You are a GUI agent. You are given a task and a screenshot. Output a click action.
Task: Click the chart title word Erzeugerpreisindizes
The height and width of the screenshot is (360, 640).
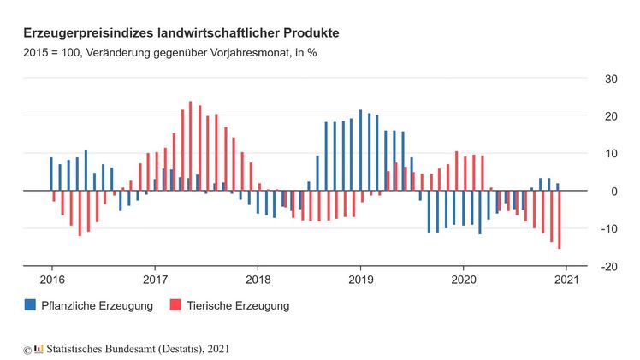90,33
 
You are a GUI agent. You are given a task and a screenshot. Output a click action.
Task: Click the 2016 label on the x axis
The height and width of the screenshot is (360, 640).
51,280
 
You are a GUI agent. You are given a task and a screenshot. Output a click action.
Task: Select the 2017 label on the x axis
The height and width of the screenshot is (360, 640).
155,280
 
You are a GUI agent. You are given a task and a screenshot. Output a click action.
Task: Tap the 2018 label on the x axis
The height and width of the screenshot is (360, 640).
258,280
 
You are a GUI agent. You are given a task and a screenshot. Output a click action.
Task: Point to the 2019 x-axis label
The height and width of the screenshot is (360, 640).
360,280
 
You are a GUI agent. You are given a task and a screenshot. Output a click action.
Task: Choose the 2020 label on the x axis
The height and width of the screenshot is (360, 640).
463,280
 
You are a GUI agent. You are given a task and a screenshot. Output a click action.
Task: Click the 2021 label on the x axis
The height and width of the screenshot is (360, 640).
566,280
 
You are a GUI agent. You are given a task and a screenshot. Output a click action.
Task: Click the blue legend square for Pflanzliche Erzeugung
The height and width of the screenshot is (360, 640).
31,305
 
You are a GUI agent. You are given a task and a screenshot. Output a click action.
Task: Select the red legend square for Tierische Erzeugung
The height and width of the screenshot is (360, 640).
176,305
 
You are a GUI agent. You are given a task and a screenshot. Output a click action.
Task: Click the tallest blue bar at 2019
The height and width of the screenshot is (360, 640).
360,150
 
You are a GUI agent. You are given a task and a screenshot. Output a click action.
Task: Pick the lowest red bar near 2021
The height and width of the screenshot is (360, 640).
560,220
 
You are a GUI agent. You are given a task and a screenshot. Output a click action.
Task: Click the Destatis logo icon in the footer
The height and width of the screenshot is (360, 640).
39,349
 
